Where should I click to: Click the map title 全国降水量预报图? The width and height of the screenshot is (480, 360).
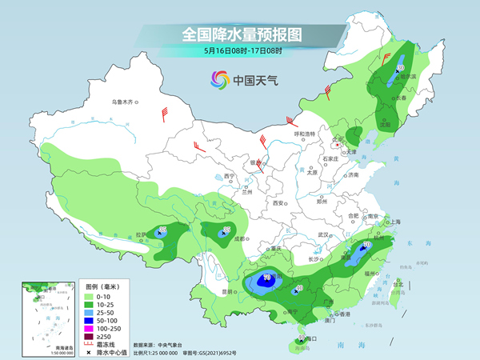coord(239,34)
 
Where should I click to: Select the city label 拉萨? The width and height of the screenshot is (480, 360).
coord(142,234)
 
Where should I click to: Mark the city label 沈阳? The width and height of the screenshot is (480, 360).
coord(386,125)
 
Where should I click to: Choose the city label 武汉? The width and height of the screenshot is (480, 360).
coord(323,234)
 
